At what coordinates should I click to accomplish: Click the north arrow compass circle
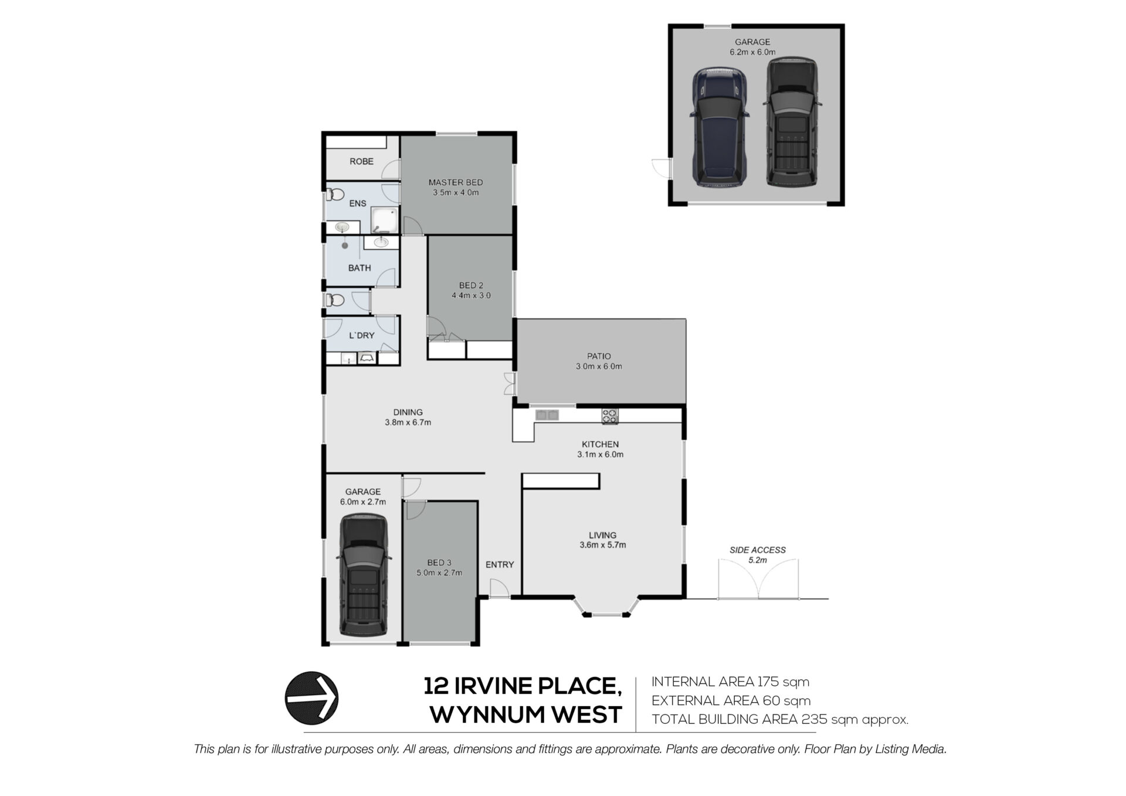(311, 697)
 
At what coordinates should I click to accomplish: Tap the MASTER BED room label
(456, 182)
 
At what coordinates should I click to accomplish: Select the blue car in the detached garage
(720, 127)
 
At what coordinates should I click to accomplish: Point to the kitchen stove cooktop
(609, 416)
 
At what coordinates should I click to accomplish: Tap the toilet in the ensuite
(335, 195)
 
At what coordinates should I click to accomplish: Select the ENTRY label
(500, 564)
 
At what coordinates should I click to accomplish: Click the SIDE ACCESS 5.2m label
(758, 555)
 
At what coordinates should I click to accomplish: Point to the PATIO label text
(599, 356)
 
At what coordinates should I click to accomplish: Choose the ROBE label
(361, 161)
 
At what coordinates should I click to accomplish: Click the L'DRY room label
(362, 336)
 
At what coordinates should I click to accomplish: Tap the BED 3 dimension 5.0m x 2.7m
(439, 573)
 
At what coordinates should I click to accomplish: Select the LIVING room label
(602, 535)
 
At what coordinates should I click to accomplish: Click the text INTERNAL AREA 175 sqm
(730, 682)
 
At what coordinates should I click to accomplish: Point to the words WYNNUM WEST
(526, 715)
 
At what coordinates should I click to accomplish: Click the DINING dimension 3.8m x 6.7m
(408, 422)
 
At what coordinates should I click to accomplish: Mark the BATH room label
(359, 268)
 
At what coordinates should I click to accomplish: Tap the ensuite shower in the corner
(385, 220)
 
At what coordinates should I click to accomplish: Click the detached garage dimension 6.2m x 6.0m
(752, 52)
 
